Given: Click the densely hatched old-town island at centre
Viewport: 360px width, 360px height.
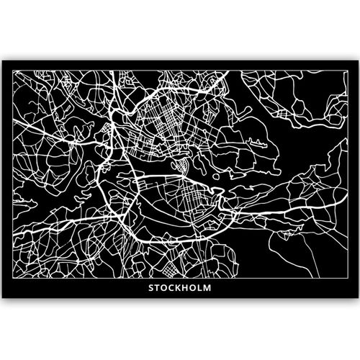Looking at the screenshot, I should point(183,165).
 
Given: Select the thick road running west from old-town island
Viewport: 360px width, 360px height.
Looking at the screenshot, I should point(155,175).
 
